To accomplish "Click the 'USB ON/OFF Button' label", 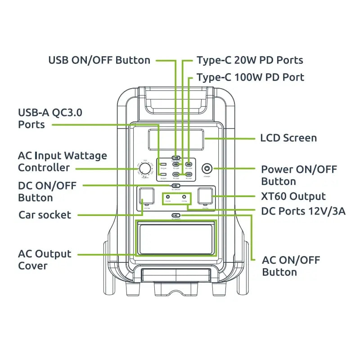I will (x=99, y=60).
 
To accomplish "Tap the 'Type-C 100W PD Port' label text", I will (x=250, y=77).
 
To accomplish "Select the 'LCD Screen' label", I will (x=288, y=138).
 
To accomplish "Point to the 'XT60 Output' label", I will (x=293, y=197).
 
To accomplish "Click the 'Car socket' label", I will (x=45, y=215).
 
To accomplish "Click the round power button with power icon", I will (x=207, y=169).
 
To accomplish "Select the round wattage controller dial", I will (x=144, y=169).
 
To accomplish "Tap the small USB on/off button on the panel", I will (x=176, y=158).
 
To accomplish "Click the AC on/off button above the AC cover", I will (x=176, y=216).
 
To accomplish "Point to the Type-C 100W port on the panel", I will (x=189, y=165).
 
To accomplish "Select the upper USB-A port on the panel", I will (x=163, y=165).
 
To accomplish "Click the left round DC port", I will (x=168, y=197).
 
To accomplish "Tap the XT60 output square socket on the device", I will (x=205, y=197).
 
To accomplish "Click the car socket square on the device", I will (x=147, y=197).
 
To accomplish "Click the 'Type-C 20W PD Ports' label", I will (x=250, y=60).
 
